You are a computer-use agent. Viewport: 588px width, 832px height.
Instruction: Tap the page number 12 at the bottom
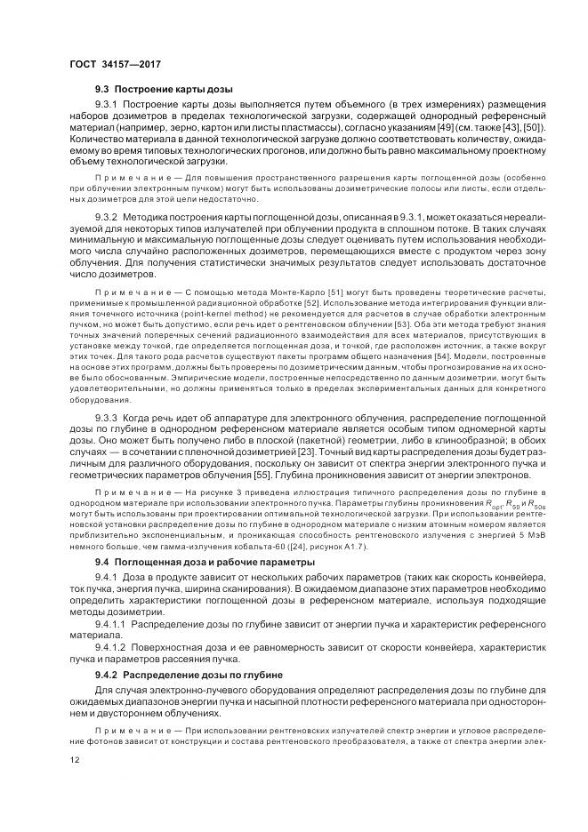[x=73, y=760]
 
